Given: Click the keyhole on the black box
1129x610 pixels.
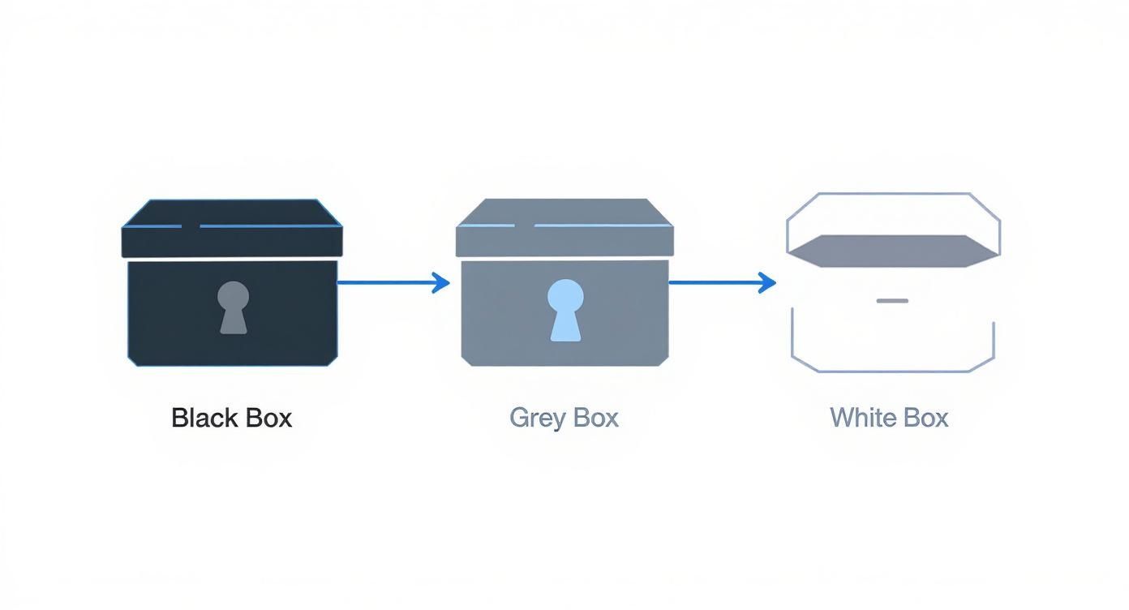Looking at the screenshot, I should [233, 307].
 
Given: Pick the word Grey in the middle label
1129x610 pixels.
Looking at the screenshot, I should [538, 418].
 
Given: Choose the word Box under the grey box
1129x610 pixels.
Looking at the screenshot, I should [595, 418].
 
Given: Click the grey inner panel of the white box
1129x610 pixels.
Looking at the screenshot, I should [893, 250].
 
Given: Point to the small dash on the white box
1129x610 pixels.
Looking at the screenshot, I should [892, 300].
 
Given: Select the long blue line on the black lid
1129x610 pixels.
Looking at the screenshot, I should [268, 226].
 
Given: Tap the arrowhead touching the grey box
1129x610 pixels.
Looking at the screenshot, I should [442, 282].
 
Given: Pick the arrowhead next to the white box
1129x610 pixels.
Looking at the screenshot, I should [767, 282].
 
